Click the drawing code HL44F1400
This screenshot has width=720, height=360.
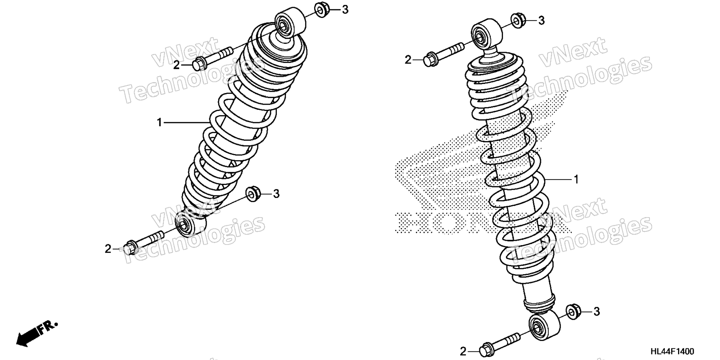point(672,351)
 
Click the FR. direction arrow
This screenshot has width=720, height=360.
point(37,333)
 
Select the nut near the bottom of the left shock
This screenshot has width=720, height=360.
point(253,193)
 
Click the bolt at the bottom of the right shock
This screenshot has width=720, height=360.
point(499,344)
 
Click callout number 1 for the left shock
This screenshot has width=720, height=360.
point(159,122)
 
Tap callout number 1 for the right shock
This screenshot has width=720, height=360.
point(576,180)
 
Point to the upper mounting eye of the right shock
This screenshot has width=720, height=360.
point(486,34)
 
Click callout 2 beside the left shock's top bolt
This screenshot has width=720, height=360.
point(176,65)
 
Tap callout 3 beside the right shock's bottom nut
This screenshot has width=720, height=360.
point(597,312)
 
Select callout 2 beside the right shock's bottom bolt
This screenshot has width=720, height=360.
point(463,351)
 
